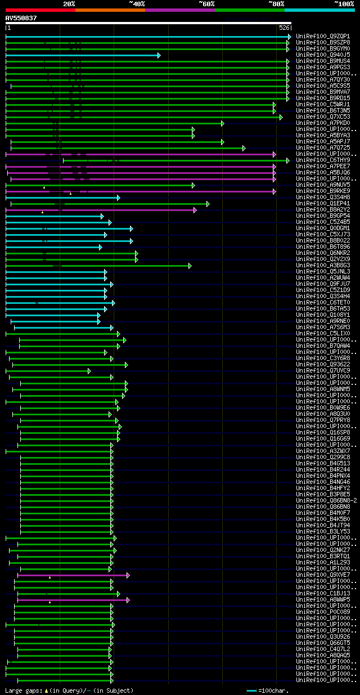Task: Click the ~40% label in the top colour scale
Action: pyautogui.click(x=137, y=3)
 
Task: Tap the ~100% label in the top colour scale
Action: pyautogui.click(x=344, y=3)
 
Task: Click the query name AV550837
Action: pyautogui.click(x=21, y=18)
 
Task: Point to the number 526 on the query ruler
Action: pyautogui.click(x=284, y=28)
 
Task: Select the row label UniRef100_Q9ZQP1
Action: pyautogui.click(x=323, y=36)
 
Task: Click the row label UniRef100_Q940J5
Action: pyautogui.click(x=323, y=55)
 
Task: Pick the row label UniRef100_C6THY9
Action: pyautogui.click(x=323, y=160)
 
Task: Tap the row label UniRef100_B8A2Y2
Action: pyautogui.click(x=323, y=209)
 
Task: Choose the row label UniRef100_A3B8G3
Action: pyautogui.click(x=323, y=265)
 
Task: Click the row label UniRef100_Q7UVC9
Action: pyautogui.click(x=323, y=370)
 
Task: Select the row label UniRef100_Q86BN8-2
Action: pyautogui.click(x=327, y=500)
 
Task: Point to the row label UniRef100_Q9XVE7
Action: pyautogui.click(x=323, y=575)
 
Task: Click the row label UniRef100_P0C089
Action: pyautogui.click(x=323, y=612)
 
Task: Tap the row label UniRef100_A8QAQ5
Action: pyautogui.click(x=323, y=655)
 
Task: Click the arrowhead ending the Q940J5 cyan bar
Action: pyautogui.click(x=159, y=55)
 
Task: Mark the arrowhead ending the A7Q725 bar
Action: pyautogui.click(x=244, y=148)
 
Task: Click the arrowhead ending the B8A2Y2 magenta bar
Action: pyautogui.click(x=195, y=210)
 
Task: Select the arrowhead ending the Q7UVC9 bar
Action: pyautogui.click(x=89, y=371)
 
